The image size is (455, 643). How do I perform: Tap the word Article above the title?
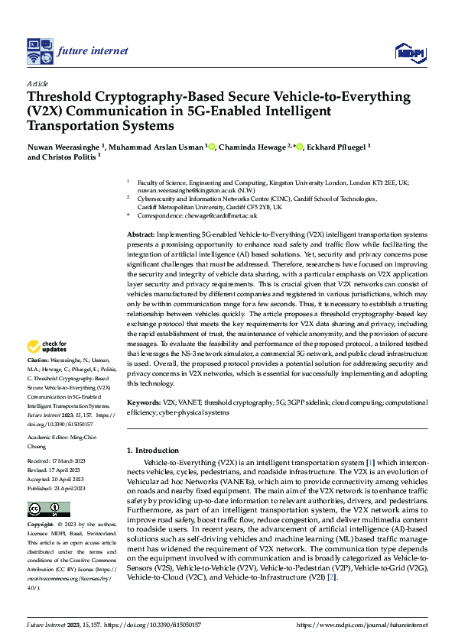pyautogui.click(x=37, y=83)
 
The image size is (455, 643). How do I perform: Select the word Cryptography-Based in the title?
pyautogui.click(x=135, y=97)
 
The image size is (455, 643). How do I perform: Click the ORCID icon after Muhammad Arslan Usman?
pyautogui.click(x=211, y=147)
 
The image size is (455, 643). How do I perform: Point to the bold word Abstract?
pyautogui.click(x=140, y=234)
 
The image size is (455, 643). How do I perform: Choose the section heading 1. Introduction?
pyautogui.click(x=153, y=451)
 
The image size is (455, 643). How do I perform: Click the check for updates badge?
pyautogui.click(x=47, y=347)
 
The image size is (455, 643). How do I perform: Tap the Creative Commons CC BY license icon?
pyautogui.click(x=48, y=509)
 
